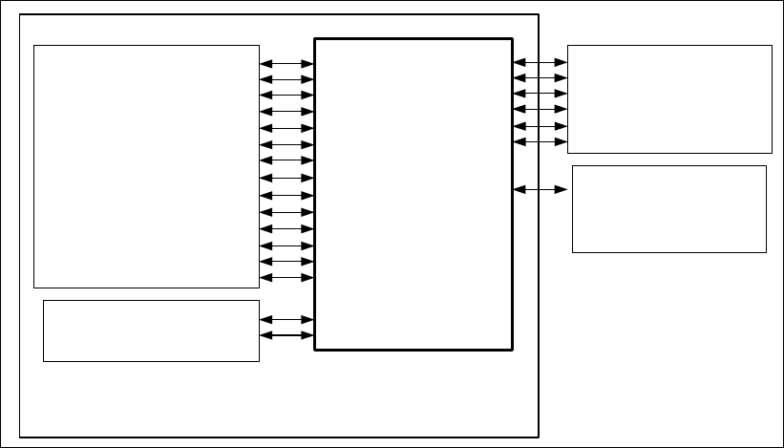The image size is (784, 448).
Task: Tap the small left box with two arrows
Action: pos(151,331)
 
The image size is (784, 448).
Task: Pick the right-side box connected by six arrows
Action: pos(669,98)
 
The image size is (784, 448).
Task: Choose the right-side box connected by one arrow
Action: pos(669,208)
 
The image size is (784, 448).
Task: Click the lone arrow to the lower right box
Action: pos(540,190)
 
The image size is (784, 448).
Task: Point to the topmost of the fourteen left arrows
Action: pos(286,63)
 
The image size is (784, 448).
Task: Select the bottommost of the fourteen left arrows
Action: pos(286,277)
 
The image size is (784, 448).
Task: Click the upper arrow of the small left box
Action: pos(286,319)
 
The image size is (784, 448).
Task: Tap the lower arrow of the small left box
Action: pos(286,335)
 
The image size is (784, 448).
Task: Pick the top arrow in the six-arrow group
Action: pos(540,61)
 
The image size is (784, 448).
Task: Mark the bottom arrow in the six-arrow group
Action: pos(540,141)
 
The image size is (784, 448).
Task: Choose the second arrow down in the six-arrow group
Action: pos(540,77)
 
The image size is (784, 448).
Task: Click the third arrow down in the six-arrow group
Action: pos(540,94)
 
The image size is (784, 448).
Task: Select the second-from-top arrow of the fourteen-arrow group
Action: pos(286,79)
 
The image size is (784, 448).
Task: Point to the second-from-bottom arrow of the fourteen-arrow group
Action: pos(286,261)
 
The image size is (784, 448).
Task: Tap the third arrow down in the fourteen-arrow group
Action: pos(286,96)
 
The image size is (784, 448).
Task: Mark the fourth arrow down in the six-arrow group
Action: pos(540,110)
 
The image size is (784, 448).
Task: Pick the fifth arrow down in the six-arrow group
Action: pos(540,126)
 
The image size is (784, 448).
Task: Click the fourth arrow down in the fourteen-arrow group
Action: pos(286,112)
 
